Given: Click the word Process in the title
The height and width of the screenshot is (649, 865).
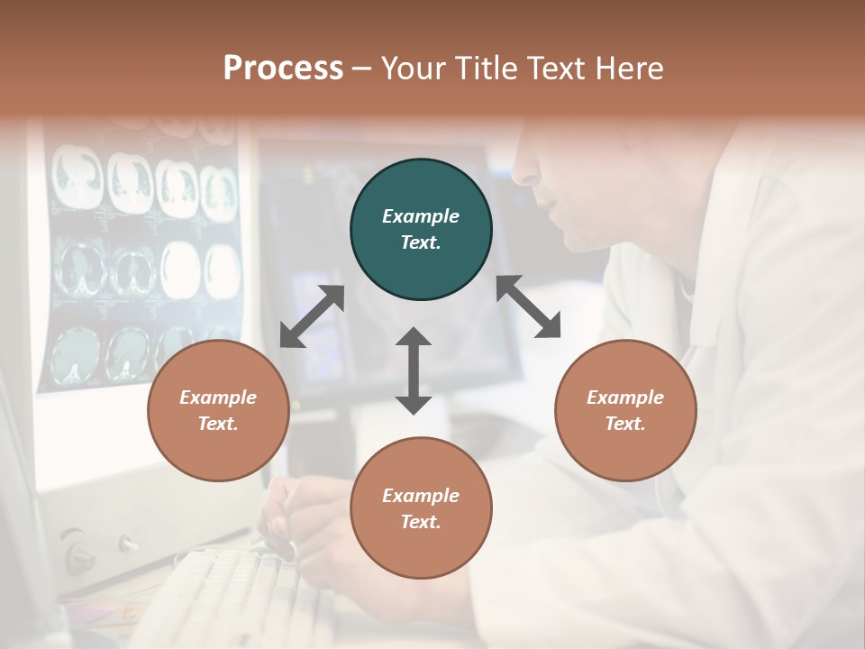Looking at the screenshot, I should tap(283, 69).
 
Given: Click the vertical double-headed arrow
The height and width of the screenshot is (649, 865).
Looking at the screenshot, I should tap(414, 370).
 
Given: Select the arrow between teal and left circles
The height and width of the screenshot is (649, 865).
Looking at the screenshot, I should tap(312, 316).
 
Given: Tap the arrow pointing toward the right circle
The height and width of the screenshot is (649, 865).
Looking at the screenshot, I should tap(528, 306).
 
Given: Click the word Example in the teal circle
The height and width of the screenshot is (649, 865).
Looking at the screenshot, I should tap(421, 216).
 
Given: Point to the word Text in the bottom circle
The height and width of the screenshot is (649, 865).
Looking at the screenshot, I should tap(421, 522).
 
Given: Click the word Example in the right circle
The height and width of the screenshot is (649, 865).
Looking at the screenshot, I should tap(625, 398).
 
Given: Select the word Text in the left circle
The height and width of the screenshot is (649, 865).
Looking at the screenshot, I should tap(218, 424).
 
